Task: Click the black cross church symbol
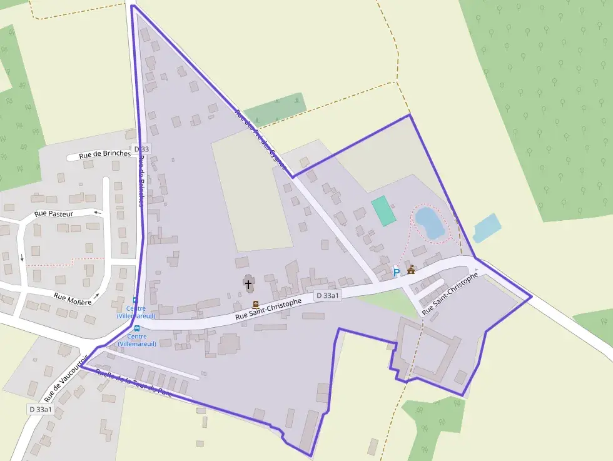tap(248, 285)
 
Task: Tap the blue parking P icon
tap(396, 273)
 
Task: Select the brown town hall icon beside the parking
tap(411, 270)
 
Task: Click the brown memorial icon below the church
tap(255, 305)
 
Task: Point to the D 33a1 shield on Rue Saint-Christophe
tap(328, 295)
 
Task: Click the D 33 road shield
tap(142, 149)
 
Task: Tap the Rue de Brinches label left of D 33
tap(105, 154)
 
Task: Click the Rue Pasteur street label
tap(54, 214)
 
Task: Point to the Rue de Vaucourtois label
tap(67, 378)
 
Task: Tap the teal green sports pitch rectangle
tap(383, 211)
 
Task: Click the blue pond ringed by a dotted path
tap(430, 223)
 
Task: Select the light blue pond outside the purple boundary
tap(487, 228)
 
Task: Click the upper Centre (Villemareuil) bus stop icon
tap(136, 300)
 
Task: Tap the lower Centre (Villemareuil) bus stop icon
tap(137, 328)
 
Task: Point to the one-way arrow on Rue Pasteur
tap(97, 213)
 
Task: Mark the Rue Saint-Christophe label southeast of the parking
tap(450, 293)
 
